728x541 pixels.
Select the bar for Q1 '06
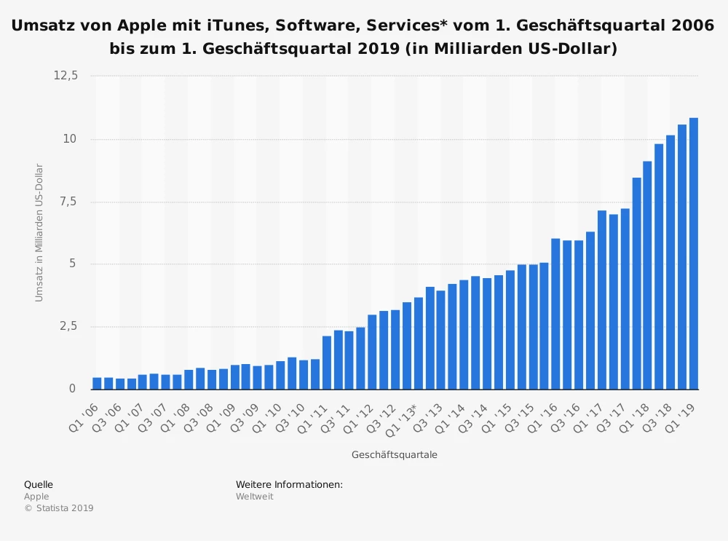pos(97,383)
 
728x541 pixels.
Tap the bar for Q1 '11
pos(327,362)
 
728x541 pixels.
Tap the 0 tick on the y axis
pos(71,389)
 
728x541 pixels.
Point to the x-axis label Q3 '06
pos(106,414)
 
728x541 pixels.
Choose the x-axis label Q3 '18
pos(657,414)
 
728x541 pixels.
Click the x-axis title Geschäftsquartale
pos(394,455)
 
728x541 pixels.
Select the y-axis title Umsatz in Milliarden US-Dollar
pos(39,233)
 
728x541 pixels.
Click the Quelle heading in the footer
pos(39,484)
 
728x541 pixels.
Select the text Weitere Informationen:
pos(289,484)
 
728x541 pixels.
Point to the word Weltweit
pos(254,497)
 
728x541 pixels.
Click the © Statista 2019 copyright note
pos(58,508)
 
